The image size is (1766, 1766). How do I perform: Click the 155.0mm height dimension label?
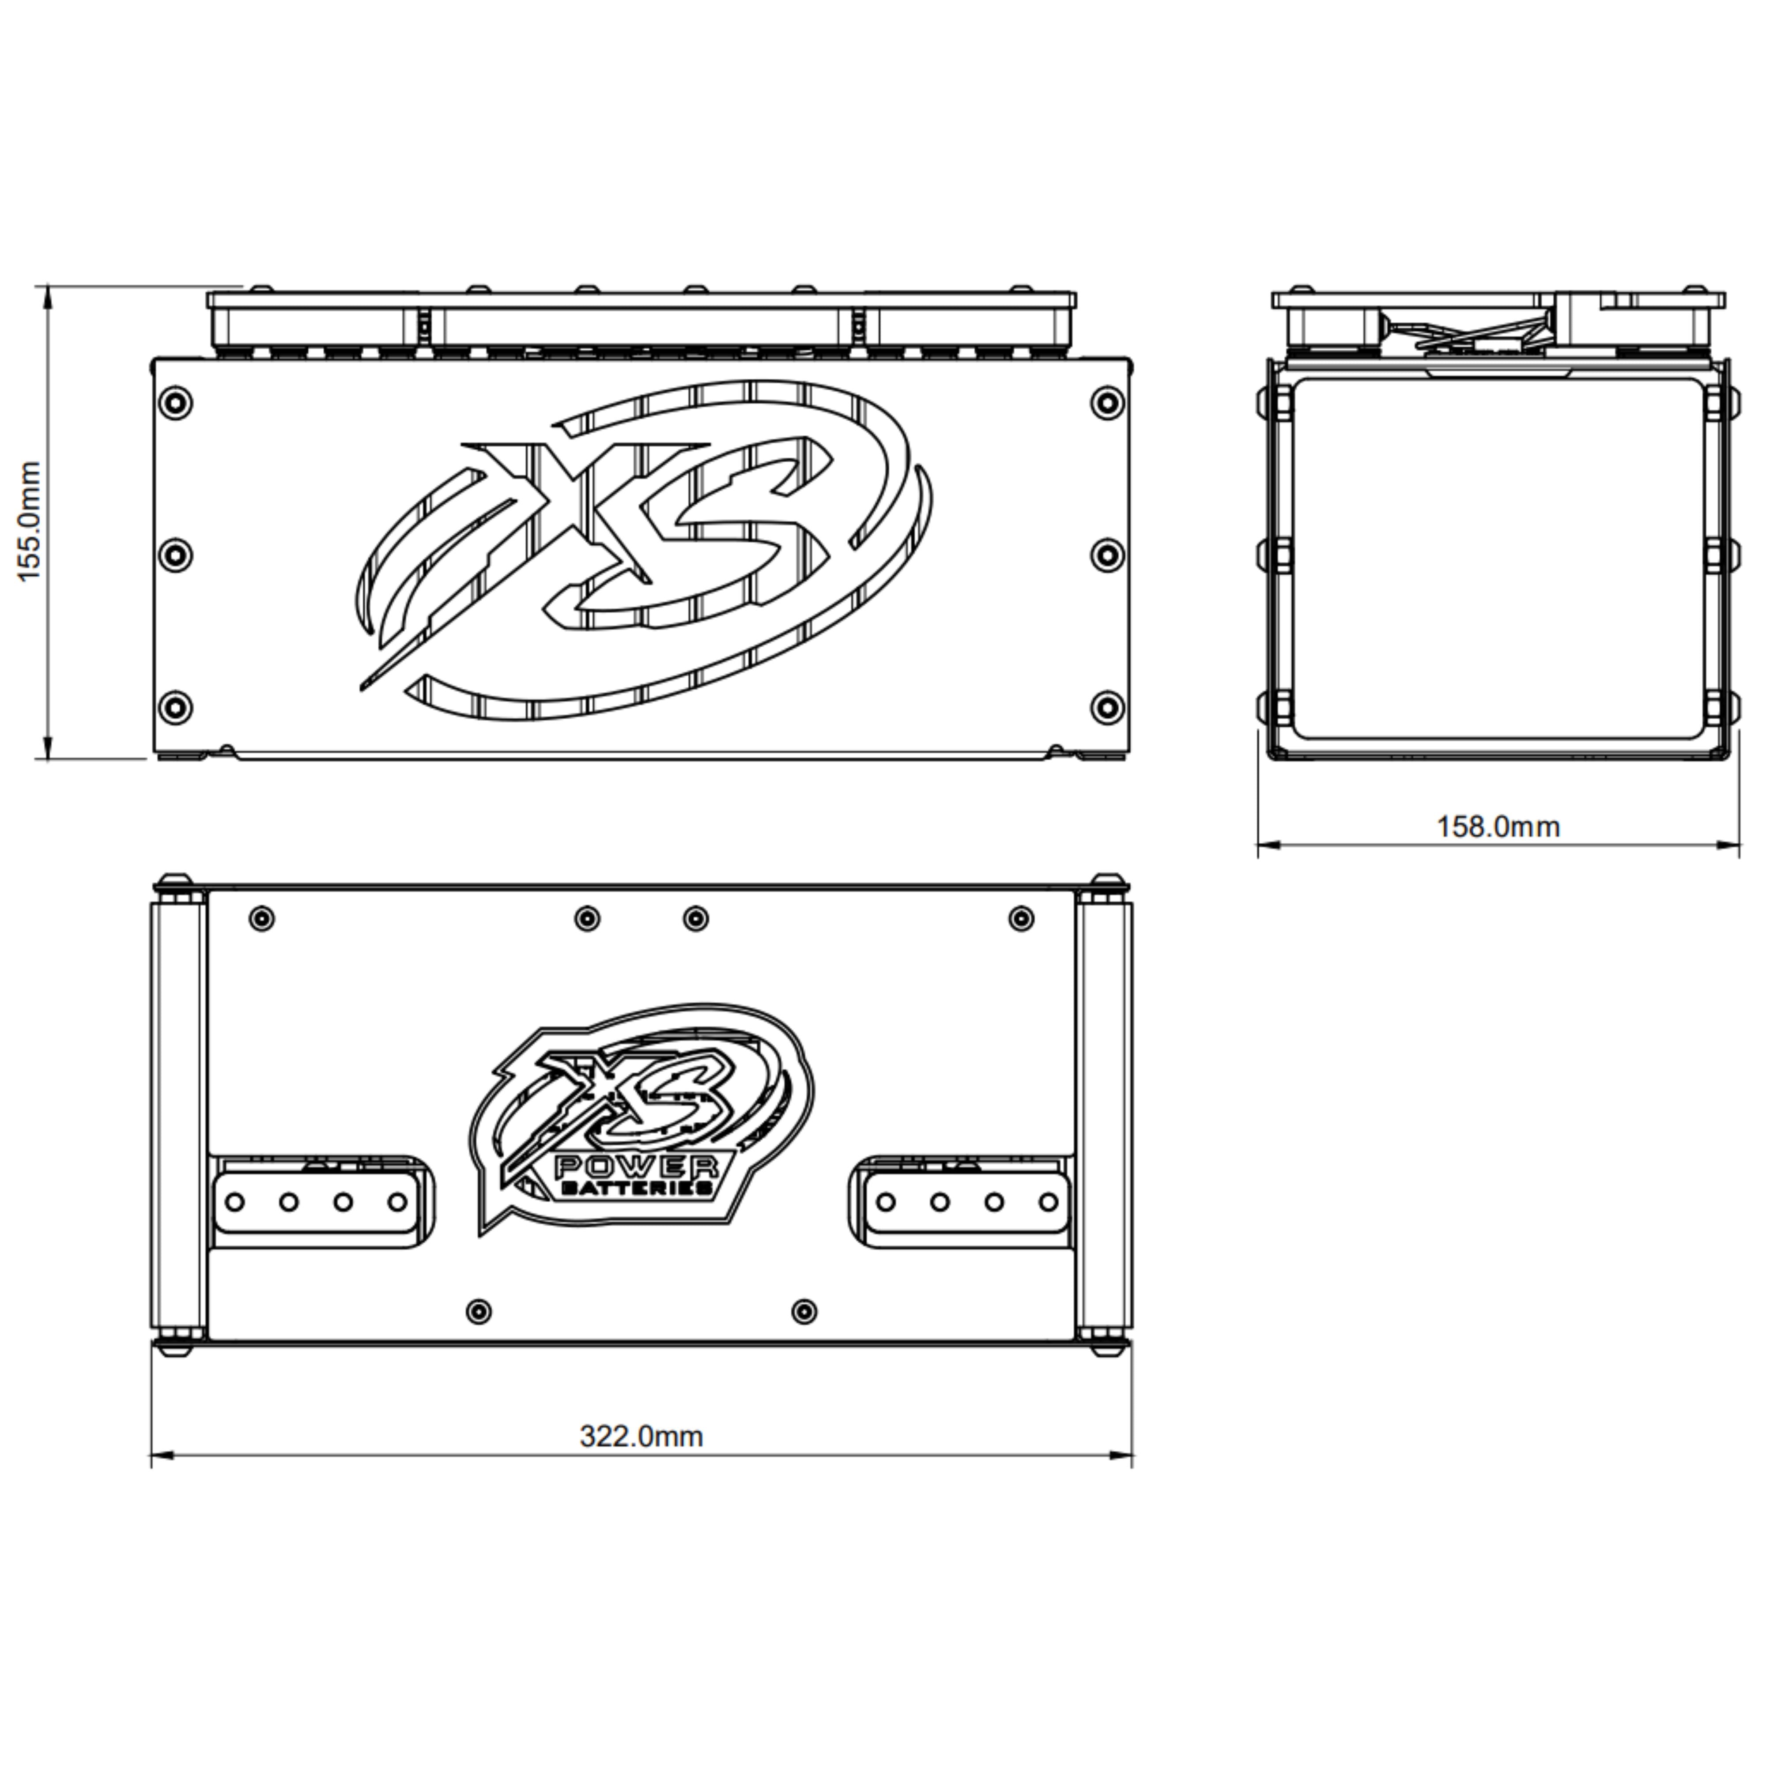pos(30,521)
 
